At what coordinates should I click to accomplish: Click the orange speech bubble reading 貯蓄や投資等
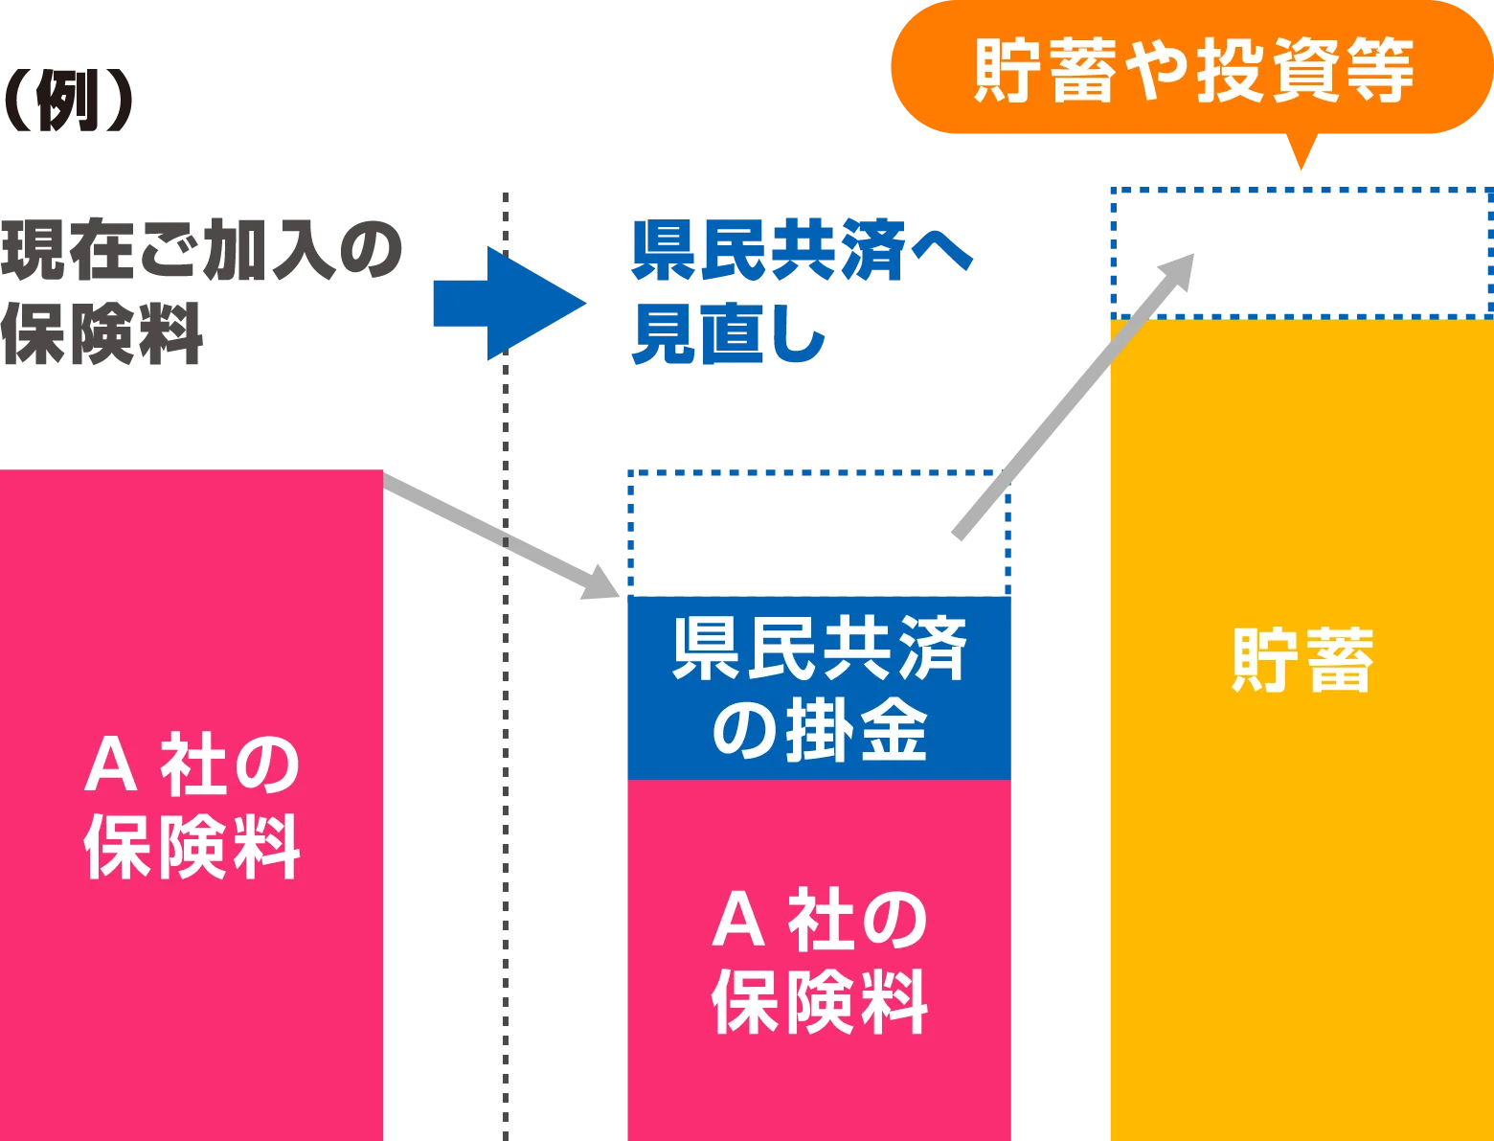click(1191, 69)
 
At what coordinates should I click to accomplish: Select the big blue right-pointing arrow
click(507, 304)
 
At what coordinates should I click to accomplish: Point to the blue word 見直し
click(729, 335)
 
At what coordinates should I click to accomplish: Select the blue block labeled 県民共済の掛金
click(818, 687)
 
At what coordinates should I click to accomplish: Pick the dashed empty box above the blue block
click(815, 532)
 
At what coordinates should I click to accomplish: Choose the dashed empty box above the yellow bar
click(1299, 251)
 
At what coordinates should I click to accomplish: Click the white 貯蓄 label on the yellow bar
click(1302, 660)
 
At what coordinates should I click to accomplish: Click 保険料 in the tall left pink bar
click(192, 847)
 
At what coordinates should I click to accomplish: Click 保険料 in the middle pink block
click(819, 1002)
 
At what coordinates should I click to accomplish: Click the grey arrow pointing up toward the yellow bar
click(1073, 399)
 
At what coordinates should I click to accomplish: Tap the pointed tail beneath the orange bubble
click(1300, 153)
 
